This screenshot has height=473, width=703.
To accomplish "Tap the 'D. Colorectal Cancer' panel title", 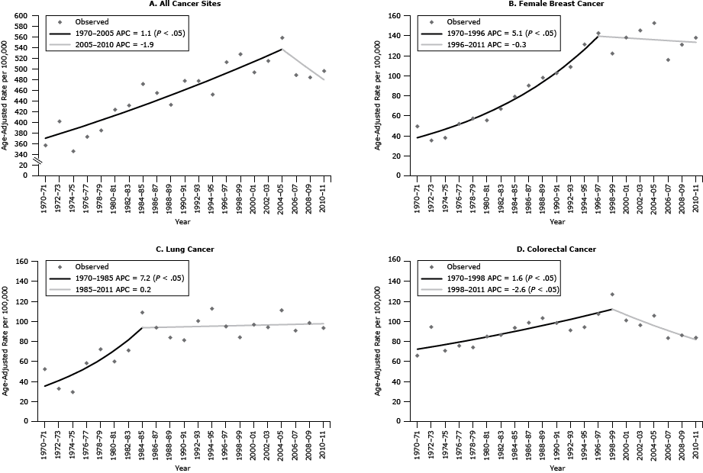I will [x=556, y=249].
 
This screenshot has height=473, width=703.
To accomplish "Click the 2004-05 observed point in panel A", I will [x=282, y=37].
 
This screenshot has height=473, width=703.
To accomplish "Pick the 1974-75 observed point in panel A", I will [x=73, y=151].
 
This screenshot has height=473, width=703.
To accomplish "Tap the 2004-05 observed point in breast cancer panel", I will [x=653, y=23].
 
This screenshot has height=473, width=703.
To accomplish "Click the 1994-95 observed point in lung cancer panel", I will [x=212, y=309].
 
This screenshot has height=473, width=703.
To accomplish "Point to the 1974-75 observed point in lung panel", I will [x=73, y=392].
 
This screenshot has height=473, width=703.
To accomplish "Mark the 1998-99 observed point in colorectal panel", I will [x=612, y=294].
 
